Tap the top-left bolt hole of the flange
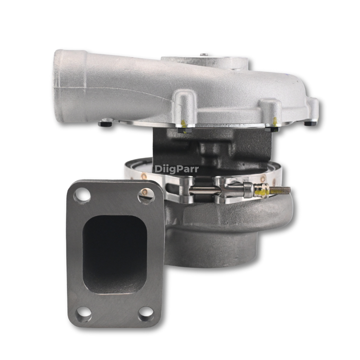click(82, 195)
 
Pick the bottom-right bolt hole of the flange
click(146, 312)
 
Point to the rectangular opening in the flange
click(114, 254)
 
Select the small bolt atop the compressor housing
click(204, 55)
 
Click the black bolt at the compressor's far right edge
click(309, 122)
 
